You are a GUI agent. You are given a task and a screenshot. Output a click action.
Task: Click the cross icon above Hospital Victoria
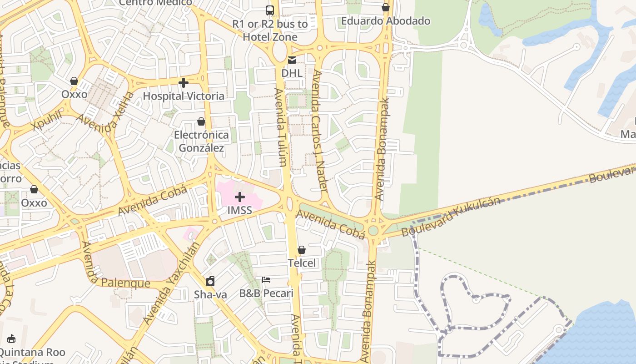coord(184,83)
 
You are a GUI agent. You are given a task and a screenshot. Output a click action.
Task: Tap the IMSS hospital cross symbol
coord(240,197)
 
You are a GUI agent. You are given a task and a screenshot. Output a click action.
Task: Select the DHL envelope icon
coord(292,60)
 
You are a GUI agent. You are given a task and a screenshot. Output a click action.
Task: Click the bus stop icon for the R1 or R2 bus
coord(270,10)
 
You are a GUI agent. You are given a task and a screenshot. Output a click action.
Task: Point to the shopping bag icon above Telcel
coord(302,250)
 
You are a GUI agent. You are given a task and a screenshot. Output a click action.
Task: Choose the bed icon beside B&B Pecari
coord(266,279)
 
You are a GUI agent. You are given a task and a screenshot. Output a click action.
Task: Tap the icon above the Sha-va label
coord(210,281)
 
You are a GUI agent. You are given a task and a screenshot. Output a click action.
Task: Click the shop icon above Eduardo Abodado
coord(386,7)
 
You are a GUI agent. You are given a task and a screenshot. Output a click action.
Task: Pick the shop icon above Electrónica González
coord(201,121)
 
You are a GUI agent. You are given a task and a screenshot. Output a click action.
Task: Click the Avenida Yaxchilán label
coord(172,283)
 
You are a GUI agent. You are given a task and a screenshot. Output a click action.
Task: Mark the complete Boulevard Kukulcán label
coord(451,217)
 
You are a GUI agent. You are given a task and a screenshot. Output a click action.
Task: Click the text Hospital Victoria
coord(184,96)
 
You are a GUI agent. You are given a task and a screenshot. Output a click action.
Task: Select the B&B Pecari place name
coord(266,293)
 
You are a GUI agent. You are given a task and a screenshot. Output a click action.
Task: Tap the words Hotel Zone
coord(270,37)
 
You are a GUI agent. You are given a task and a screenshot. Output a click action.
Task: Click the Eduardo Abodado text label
coord(386,21)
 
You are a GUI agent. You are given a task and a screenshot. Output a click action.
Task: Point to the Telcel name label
coord(302,263)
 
